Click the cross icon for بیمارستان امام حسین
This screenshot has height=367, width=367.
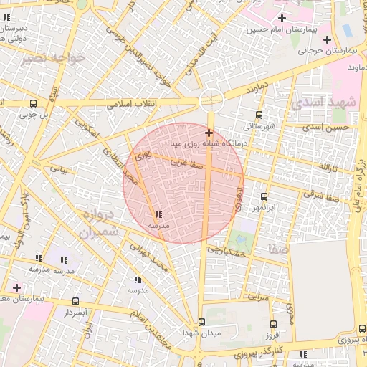pos(282,18)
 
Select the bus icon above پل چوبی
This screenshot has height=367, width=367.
pos(33,103)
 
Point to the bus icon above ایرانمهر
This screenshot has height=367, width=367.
pos(264,196)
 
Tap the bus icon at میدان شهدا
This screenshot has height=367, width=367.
pos(201,323)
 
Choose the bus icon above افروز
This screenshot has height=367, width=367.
pos(273,324)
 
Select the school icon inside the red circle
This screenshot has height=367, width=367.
pos(158,214)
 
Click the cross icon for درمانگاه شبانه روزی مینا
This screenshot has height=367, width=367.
pos(209,133)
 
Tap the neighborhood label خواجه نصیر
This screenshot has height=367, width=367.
pos(56,57)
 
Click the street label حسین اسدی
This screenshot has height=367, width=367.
pos(326,127)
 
